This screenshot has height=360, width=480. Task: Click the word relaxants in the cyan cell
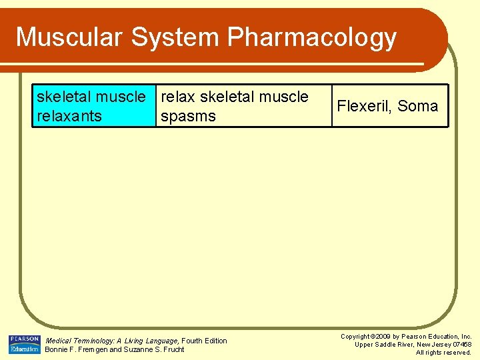tap(69, 116)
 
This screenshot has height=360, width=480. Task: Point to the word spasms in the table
tap(189, 117)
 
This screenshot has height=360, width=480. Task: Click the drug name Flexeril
tap(364, 106)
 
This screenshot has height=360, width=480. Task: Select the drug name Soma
tap(418, 106)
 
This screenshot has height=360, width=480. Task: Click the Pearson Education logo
tap(24, 344)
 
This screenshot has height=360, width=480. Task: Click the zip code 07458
tap(460, 345)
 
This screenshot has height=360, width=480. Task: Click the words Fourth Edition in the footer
tap(204, 341)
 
